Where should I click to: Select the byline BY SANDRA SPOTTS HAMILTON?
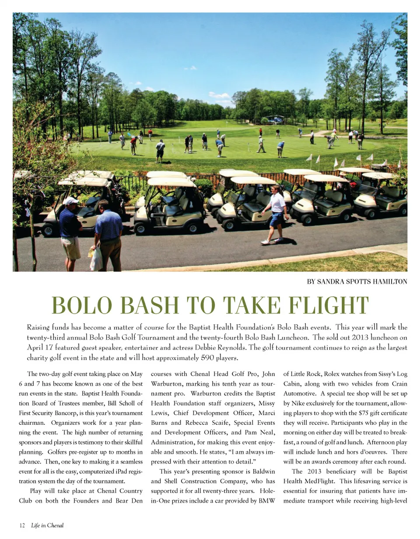357,282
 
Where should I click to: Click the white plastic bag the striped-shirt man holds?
96,259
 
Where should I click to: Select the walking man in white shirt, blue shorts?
276,213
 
